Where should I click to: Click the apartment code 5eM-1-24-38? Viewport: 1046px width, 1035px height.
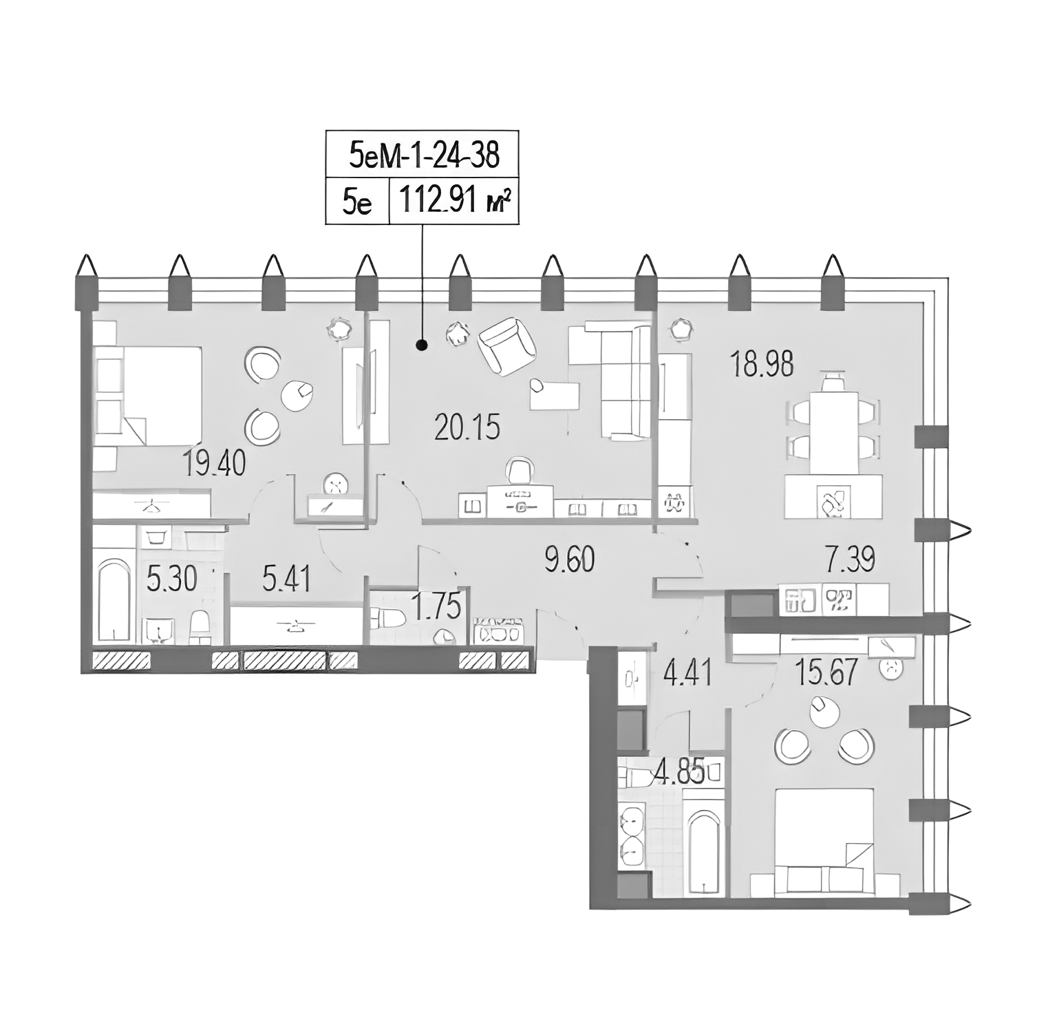pos(423,156)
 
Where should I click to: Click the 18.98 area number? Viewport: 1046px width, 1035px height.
pos(762,363)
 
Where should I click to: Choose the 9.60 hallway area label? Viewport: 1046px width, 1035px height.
pos(569,559)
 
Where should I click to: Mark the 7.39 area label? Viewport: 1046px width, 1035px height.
pos(850,559)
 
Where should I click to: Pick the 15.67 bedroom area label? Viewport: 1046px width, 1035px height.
pos(826,672)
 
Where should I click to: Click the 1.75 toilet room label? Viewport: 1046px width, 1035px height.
pos(436,607)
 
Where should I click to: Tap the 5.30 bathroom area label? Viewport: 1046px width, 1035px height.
pos(172,579)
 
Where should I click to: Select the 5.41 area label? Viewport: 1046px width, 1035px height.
pos(286,579)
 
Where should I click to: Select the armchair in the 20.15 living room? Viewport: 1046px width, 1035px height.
pos(508,349)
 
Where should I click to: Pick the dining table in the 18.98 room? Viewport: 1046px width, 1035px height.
pos(833,432)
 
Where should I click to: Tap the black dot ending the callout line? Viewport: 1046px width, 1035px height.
pos(423,346)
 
